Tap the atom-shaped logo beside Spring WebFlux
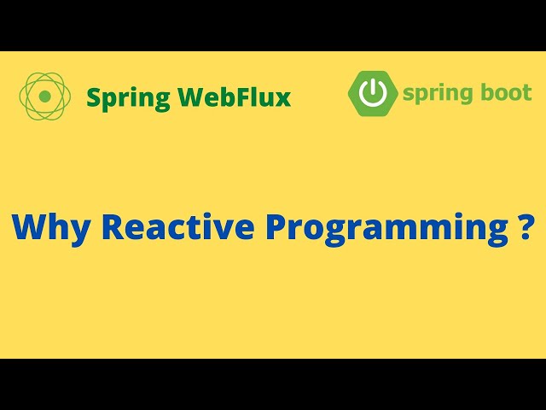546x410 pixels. coord(45,96)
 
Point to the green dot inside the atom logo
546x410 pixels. coord(45,96)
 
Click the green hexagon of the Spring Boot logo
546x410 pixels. coord(372,93)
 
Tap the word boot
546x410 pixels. coord(507,92)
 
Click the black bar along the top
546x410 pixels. coord(273,25)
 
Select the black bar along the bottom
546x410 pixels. coord(273,384)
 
